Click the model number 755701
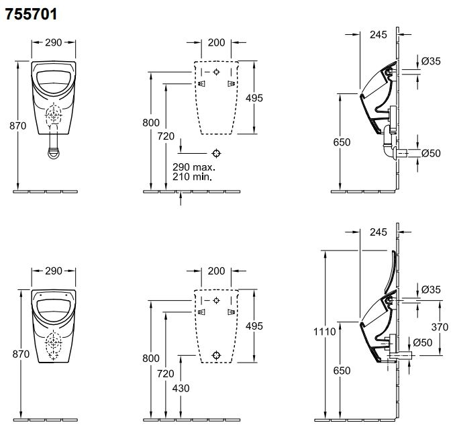(31, 14)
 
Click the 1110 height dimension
(324, 331)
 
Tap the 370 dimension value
(440, 327)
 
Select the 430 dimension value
(181, 388)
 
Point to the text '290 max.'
(194, 167)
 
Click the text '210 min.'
(192, 177)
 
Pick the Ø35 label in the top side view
(431, 61)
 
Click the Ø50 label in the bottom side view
(422, 342)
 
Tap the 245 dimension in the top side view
(379, 35)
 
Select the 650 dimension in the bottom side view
(342, 371)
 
